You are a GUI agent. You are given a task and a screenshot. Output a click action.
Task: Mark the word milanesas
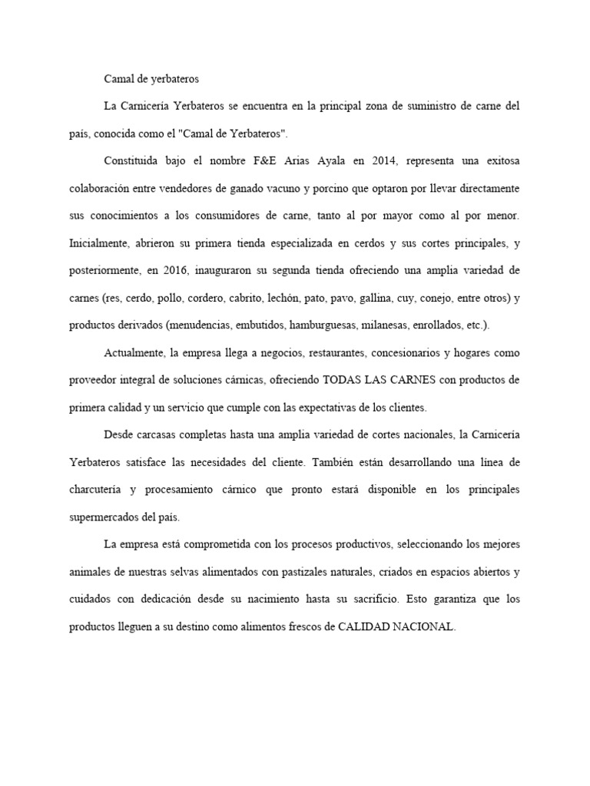pos(386,325)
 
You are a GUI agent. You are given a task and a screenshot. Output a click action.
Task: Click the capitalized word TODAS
pos(346,380)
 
